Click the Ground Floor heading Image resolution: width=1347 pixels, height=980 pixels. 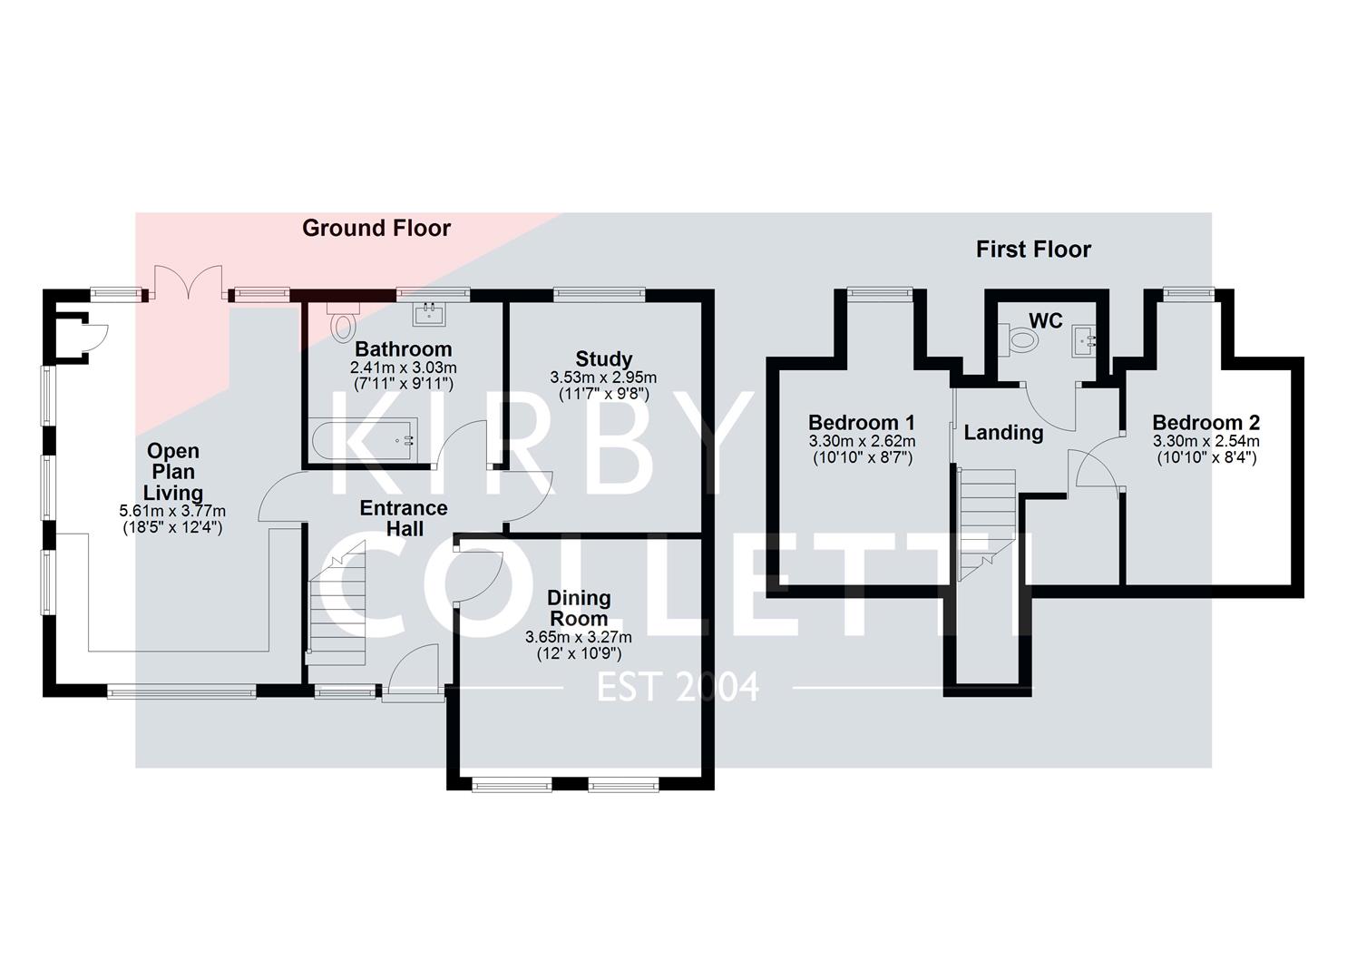(376, 228)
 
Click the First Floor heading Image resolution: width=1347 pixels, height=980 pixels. (1033, 250)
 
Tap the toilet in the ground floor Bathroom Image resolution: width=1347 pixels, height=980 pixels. (342, 323)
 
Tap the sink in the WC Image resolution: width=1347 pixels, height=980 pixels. (1084, 341)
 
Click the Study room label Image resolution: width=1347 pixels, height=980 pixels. (603, 358)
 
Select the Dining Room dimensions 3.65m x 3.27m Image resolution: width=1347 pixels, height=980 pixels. (578, 637)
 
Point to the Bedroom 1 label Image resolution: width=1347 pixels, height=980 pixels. (861, 422)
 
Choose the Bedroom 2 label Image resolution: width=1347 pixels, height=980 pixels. (1205, 422)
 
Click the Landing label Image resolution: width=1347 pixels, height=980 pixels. (1003, 433)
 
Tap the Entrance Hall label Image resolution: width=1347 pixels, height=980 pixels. (404, 518)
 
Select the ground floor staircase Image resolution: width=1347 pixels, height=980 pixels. (337, 603)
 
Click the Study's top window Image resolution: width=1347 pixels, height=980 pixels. (600, 293)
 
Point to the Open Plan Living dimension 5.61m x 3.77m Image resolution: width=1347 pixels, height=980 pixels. (172, 511)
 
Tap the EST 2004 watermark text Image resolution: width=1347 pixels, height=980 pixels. (677, 688)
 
